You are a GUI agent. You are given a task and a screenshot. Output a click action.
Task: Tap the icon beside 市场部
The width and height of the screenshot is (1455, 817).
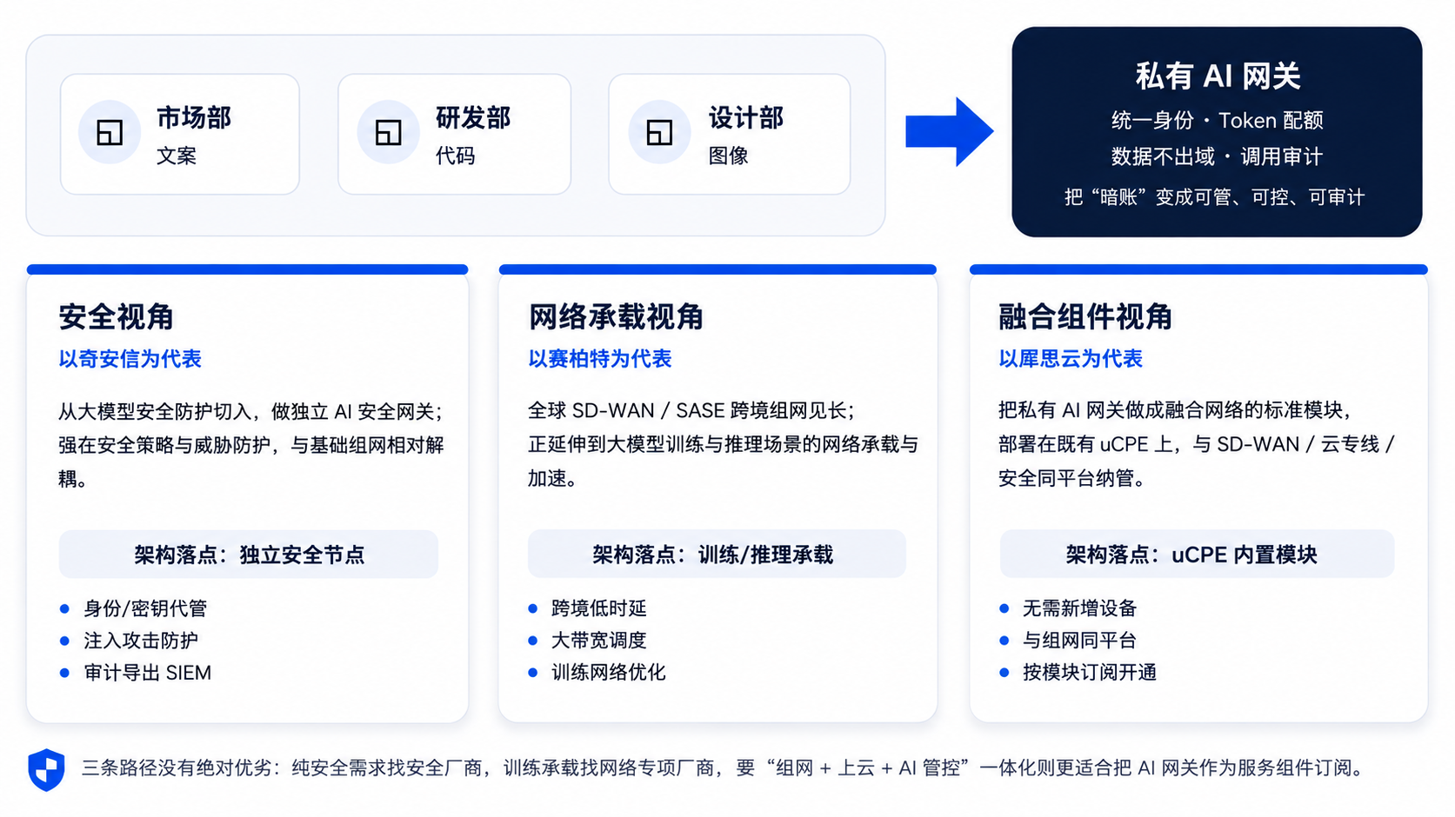point(109,132)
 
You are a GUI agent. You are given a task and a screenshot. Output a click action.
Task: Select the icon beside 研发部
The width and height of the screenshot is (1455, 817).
point(388,132)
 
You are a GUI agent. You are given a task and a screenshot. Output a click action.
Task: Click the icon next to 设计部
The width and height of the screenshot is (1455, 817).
point(659,132)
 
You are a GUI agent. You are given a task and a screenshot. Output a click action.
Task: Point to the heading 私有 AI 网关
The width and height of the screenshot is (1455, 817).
point(1218,76)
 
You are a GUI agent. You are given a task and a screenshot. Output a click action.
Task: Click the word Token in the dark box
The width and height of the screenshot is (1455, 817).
point(1247,120)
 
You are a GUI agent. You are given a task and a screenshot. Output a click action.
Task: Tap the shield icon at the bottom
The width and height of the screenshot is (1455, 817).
point(46,769)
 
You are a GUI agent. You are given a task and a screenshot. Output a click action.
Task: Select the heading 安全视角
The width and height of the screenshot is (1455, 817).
point(117,316)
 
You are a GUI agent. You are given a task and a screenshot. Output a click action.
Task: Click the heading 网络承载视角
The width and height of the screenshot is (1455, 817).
point(616,316)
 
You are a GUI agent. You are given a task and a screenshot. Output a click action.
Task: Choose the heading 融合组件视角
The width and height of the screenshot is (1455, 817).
point(1085,316)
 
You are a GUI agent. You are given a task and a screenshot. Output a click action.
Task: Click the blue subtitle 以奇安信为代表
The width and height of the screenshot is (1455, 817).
point(130,359)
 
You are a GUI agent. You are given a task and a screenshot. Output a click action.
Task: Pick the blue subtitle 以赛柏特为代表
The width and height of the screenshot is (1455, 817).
point(599,359)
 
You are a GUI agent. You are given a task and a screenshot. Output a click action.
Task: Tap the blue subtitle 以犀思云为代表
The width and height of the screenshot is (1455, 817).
point(1071,359)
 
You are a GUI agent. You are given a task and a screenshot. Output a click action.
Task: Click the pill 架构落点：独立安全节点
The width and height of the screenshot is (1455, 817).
point(249,555)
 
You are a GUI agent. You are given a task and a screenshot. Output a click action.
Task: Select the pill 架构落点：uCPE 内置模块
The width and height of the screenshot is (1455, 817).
point(1197,555)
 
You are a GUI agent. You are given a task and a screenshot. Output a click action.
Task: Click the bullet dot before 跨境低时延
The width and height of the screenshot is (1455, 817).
point(532,608)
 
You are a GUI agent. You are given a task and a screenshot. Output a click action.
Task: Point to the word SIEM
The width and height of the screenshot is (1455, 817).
point(189,673)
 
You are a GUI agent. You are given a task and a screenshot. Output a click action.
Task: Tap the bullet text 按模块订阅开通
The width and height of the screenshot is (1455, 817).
point(1090,673)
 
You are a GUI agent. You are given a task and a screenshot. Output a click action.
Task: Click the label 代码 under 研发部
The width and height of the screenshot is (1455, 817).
point(456,156)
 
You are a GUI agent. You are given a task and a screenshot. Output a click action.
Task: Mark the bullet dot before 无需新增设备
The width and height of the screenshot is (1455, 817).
point(1004,608)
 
